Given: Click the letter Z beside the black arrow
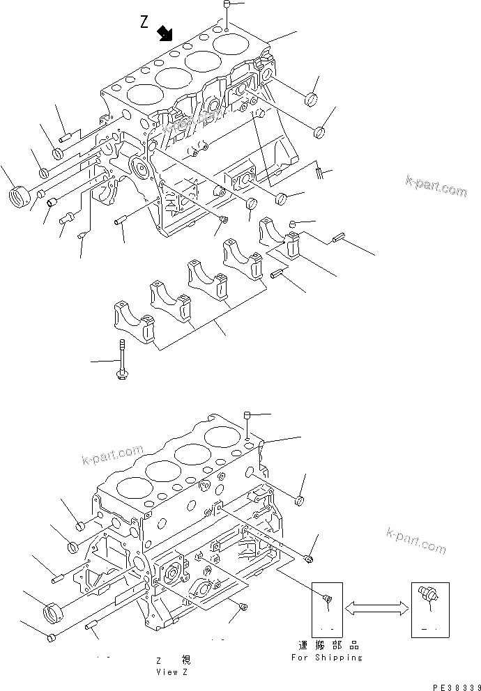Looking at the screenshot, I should pyautogui.click(x=144, y=22).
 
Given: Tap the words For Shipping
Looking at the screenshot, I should pyautogui.click(x=327, y=657).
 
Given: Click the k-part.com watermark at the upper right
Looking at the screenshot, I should pyautogui.click(x=436, y=185).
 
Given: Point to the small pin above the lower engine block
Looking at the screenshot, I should pyautogui.click(x=247, y=416).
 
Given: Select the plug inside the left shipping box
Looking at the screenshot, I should pyautogui.click(x=327, y=599).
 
